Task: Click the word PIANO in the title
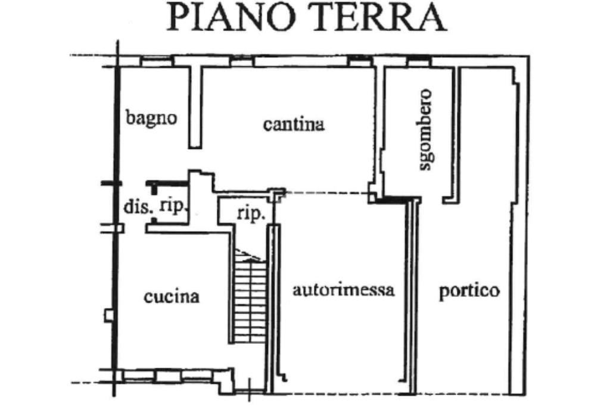[x=229, y=17]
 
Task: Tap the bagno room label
[x=151, y=117]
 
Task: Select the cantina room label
[x=294, y=125]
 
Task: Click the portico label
[x=469, y=292]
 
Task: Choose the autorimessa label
[x=344, y=291]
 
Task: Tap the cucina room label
[x=172, y=296]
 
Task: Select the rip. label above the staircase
[x=251, y=214]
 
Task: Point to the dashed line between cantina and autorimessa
[x=325, y=193]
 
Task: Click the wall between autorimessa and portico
[x=412, y=298]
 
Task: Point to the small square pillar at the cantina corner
[x=277, y=193]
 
